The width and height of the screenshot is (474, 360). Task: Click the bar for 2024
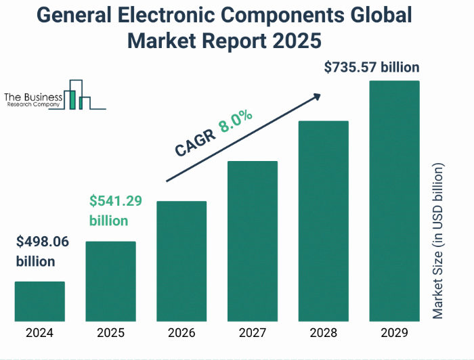click(40, 301)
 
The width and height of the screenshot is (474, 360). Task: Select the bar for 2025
click(110, 281)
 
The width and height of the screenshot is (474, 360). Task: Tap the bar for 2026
click(181, 261)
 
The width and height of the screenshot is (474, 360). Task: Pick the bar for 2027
click(253, 240)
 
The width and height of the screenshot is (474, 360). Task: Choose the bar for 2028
click(323, 221)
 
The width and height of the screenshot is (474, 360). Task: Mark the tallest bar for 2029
click(394, 200)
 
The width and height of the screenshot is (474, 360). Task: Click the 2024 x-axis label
click(40, 333)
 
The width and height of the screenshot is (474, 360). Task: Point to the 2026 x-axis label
click(181, 333)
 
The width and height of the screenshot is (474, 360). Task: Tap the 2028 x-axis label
click(323, 333)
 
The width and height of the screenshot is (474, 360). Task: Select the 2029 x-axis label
click(394, 333)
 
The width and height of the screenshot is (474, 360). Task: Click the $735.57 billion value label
click(372, 67)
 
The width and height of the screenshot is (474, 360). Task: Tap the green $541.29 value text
click(116, 202)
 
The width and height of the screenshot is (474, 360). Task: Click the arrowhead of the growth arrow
click(315, 98)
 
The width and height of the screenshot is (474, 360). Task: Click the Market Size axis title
click(438, 241)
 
